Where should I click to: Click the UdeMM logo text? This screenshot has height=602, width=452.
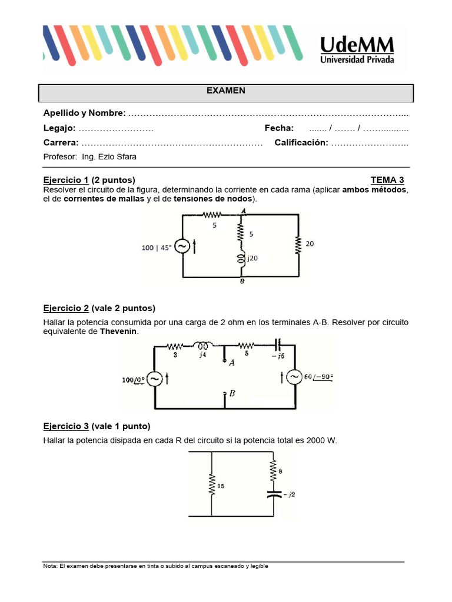(357, 45)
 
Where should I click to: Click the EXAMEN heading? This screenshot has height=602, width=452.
(226, 91)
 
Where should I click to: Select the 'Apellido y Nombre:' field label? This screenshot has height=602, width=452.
(84, 113)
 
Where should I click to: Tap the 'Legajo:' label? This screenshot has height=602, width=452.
(59, 128)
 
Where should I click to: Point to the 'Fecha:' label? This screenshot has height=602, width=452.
(279, 128)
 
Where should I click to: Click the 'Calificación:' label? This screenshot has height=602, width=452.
(301, 143)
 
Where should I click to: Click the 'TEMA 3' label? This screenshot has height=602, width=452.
(387, 180)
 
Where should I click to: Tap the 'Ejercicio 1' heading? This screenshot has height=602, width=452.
(66, 180)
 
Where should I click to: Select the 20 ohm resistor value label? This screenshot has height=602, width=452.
(310, 243)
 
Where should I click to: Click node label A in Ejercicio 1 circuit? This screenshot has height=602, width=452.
(243, 211)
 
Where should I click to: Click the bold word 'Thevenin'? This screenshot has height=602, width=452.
(118, 332)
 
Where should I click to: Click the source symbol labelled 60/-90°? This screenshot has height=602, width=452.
(295, 377)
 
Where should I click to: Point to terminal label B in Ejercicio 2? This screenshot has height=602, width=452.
(232, 394)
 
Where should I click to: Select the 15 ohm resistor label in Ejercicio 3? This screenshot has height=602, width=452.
(221, 486)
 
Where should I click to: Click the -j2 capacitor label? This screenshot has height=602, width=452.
(289, 494)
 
